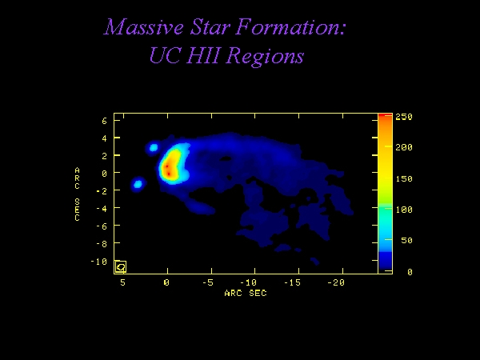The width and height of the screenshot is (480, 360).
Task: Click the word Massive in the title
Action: pyautogui.click(x=143, y=26)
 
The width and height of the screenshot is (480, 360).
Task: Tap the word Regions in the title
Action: pyautogui.click(x=266, y=56)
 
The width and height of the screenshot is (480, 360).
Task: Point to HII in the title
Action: pyautogui.click(x=205, y=55)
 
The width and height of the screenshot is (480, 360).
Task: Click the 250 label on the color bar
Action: pyautogui.click(x=404, y=117)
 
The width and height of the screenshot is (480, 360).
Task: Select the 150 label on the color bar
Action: pyautogui.click(x=404, y=178)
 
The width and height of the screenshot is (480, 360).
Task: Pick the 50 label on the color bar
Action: pyautogui.click(x=406, y=240)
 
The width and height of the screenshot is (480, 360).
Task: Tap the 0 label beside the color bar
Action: pyautogui.click(x=410, y=272)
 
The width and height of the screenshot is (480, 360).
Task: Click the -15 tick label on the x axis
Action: pyautogui.click(x=293, y=282)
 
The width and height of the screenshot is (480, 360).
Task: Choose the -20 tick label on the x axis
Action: pyautogui.click(x=336, y=282)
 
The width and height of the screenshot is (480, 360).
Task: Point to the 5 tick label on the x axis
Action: pyautogui.click(x=122, y=282)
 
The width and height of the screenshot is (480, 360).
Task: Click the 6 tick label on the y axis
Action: pyautogui.click(x=104, y=121)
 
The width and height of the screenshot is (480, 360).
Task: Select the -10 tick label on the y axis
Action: pyautogui.click(x=98, y=262)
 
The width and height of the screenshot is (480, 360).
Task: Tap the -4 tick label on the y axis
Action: pyautogui.click(x=102, y=209)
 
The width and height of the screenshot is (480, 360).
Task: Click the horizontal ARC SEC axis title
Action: pyautogui.click(x=246, y=294)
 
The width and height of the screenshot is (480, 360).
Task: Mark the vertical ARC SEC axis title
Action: pyautogui.click(x=77, y=194)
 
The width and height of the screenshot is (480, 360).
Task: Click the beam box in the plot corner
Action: pyautogui.click(x=121, y=266)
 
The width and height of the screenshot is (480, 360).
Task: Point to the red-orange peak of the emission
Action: pyautogui.click(x=168, y=170)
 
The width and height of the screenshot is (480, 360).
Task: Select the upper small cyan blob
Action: pyautogui.click(x=154, y=148)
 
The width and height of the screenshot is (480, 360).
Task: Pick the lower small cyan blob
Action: pyautogui.click(x=138, y=184)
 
